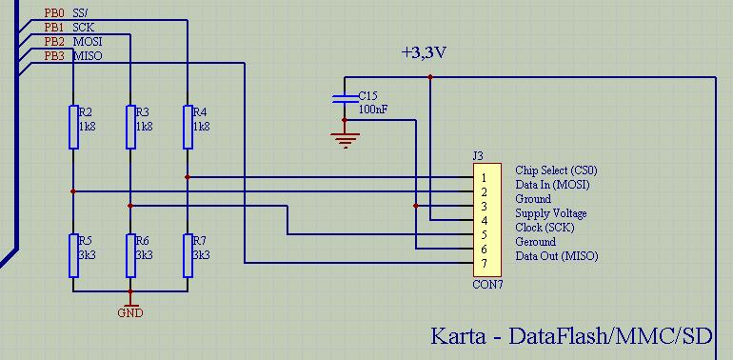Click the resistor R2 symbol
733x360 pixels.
73,127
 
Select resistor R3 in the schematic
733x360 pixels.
130,127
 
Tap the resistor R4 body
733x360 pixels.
188,127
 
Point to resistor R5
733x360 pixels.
73,254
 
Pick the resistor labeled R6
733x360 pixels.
130,254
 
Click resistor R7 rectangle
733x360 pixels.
188,254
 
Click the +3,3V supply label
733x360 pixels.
424,53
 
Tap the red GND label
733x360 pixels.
130,311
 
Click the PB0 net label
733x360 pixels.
54,14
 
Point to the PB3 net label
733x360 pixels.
54,56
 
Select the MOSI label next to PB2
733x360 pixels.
88,43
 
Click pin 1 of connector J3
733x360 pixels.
485,177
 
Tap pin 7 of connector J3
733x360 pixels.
485,263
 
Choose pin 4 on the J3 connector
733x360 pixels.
485,220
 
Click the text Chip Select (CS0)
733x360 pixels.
556,170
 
